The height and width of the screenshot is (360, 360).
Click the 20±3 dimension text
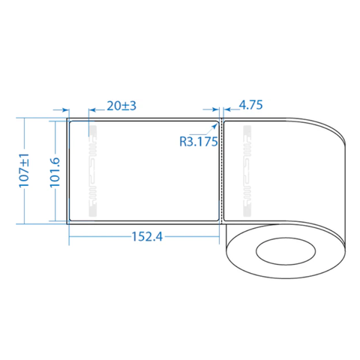(121, 106)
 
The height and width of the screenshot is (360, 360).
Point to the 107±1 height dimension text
(25, 170)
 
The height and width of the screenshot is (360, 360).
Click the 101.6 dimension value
(55, 170)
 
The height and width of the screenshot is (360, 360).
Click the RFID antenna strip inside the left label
(92, 170)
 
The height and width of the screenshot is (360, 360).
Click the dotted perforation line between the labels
(223, 170)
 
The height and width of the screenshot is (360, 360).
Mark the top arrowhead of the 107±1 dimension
(25, 119)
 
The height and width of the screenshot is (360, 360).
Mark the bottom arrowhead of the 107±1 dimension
(25, 222)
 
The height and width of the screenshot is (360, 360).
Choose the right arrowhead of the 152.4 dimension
(216, 235)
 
